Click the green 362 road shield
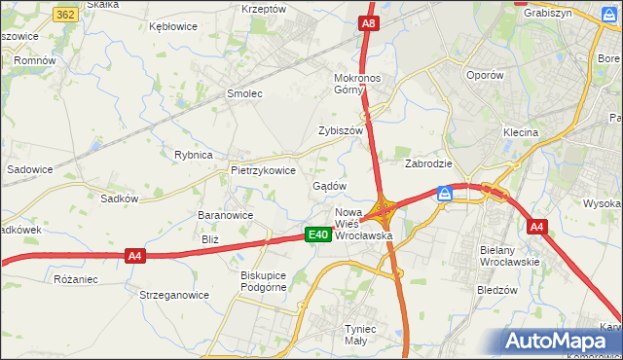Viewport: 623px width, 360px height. [66, 16]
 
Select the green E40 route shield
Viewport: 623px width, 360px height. [317, 234]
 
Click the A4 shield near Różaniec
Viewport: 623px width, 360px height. [135, 256]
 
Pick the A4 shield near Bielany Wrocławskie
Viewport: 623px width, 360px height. [536, 227]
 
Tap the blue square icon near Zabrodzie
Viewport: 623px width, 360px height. [444, 193]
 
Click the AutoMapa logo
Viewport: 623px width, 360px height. [560, 341]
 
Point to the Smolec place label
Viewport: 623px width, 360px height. [245, 93]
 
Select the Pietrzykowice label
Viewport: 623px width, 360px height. [263, 169]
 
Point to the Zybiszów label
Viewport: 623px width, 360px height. [341, 130]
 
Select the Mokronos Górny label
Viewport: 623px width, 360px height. [361, 84]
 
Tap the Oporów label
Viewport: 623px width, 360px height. [485, 75]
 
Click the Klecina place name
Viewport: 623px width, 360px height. [520, 131]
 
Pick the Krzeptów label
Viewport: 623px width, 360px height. [264, 9]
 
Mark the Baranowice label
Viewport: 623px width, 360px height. [226, 215]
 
